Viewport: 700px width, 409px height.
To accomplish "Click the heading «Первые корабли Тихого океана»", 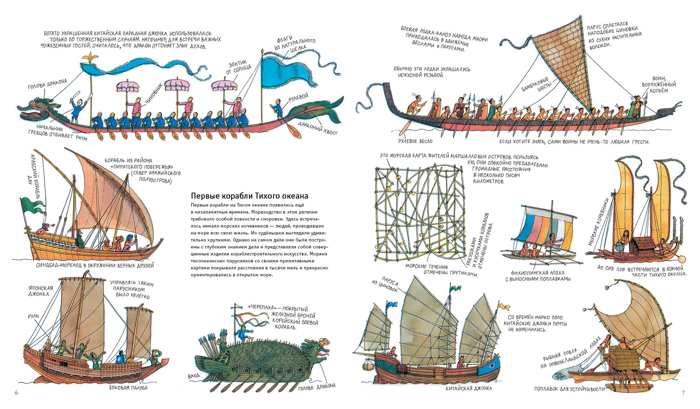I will (249, 195).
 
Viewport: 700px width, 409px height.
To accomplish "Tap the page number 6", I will (16, 393).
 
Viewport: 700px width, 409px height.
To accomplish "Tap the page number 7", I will (683, 393).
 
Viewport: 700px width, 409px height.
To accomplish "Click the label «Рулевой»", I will (298, 98).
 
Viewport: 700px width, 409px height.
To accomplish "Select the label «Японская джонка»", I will (41, 291).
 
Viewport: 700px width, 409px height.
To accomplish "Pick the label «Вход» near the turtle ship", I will (194, 376).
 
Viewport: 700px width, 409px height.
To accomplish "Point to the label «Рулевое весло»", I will (415, 141).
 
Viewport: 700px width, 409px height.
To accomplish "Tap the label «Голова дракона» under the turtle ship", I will (317, 386).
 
